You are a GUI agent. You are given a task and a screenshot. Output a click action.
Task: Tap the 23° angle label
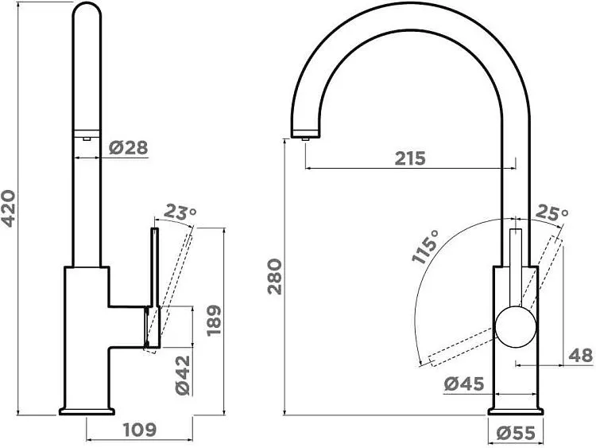pos(180,212)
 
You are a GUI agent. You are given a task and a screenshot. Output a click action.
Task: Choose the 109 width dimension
pos(140,430)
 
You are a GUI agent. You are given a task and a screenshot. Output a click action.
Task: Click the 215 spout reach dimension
pos(410,158)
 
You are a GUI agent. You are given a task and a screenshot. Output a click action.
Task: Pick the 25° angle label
pos(551,212)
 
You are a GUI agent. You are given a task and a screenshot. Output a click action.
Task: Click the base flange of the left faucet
pos(87,411)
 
